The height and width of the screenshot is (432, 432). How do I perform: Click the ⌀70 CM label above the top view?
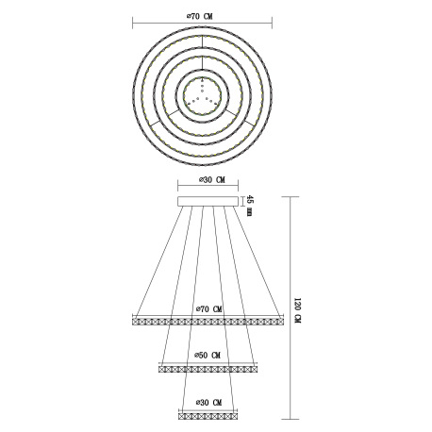[199, 17]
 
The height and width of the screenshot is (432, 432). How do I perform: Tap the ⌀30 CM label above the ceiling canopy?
[212, 180]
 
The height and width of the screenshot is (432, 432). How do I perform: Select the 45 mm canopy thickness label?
[249, 206]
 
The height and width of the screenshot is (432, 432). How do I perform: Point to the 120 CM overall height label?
[297, 310]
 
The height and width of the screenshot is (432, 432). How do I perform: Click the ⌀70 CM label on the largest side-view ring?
[209, 309]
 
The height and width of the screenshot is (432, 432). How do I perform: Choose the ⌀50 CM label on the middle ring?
[208, 356]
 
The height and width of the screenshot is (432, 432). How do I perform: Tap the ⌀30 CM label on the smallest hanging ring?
[208, 403]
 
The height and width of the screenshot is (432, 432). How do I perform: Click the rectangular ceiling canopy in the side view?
[208, 202]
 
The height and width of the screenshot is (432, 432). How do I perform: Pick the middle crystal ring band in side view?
[208, 369]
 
